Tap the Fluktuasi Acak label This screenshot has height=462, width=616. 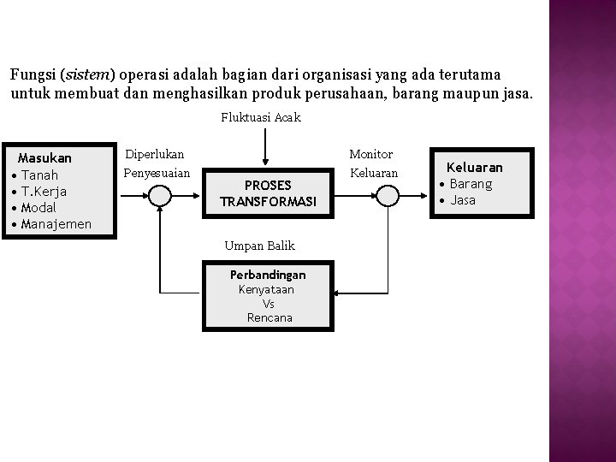pyautogui.click(x=260, y=117)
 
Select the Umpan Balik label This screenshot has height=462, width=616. pyautogui.click(x=259, y=246)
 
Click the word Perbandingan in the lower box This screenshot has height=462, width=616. pyautogui.click(x=267, y=275)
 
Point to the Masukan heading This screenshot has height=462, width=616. pyautogui.click(x=44, y=158)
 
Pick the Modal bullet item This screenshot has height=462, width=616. pyautogui.click(x=39, y=208)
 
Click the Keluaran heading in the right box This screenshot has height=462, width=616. pyautogui.click(x=475, y=168)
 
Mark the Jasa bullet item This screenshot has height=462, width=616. pyautogui.click(x=463, y=200)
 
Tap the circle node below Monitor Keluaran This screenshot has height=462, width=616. pyautogui.click(x=388, y=196)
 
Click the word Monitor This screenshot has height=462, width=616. pyautogui.click(x=370, y=155)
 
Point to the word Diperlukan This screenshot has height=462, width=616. pyautogui.click(x=154, y=155)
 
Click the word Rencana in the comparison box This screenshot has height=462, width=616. pyautogui.click(x=269, y=317)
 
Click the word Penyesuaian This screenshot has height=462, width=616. pyautogui.click(x=157, y=173)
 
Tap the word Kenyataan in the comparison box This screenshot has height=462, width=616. pyautogui.click(x=266, y=290)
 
